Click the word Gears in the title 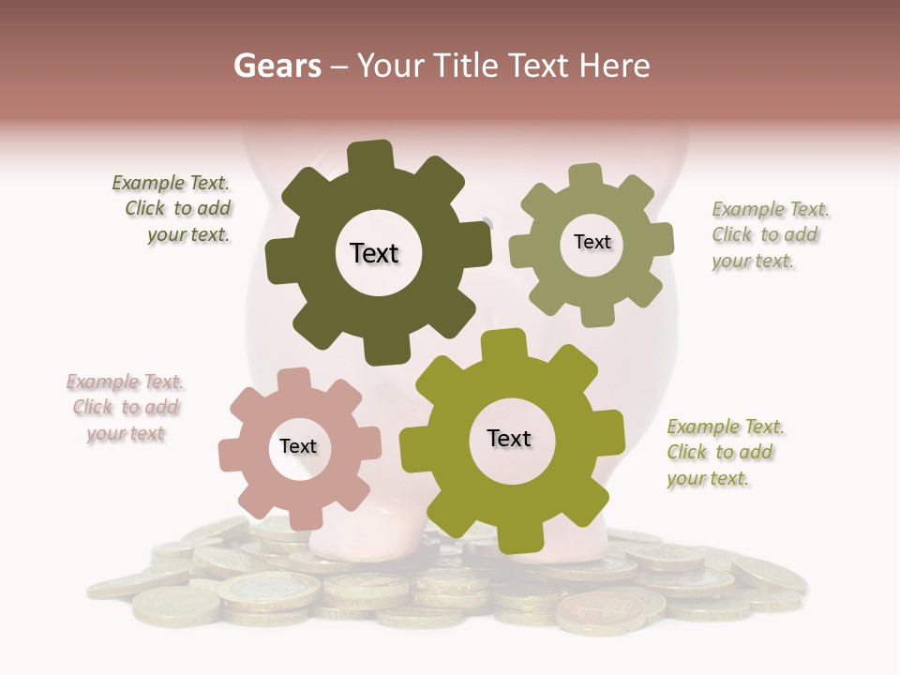[x=277, y=66]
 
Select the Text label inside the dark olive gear [x=374, y=253]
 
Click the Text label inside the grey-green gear [x=592, y=242]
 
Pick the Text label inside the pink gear [x=298, y=446]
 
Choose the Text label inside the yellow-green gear [x=508, y=438]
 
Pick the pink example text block [x=125, y=407]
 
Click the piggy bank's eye [x=487, y=222]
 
